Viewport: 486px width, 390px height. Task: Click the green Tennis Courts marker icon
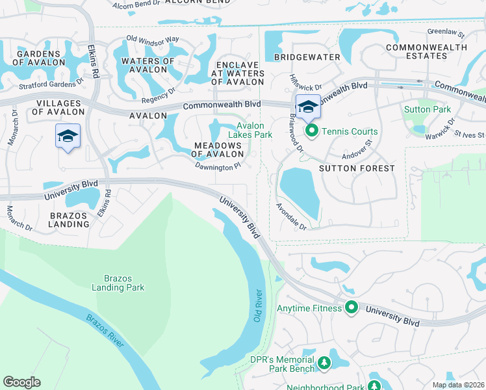311,132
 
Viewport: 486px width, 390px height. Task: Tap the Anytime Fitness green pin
352,307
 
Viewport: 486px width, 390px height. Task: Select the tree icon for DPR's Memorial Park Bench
324,363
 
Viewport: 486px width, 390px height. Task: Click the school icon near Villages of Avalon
68,136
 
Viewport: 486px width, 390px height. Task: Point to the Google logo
21,382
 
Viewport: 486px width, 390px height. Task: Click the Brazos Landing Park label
118,282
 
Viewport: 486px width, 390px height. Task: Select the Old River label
258,305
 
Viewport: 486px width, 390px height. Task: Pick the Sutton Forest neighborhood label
357,168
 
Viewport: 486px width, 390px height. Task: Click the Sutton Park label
428,109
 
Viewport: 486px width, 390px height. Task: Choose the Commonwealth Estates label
426,51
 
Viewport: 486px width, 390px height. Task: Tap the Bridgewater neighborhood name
307,57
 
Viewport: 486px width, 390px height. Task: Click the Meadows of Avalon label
218,149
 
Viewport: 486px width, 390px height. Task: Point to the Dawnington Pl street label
218,166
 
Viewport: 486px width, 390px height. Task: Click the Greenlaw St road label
445,32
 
